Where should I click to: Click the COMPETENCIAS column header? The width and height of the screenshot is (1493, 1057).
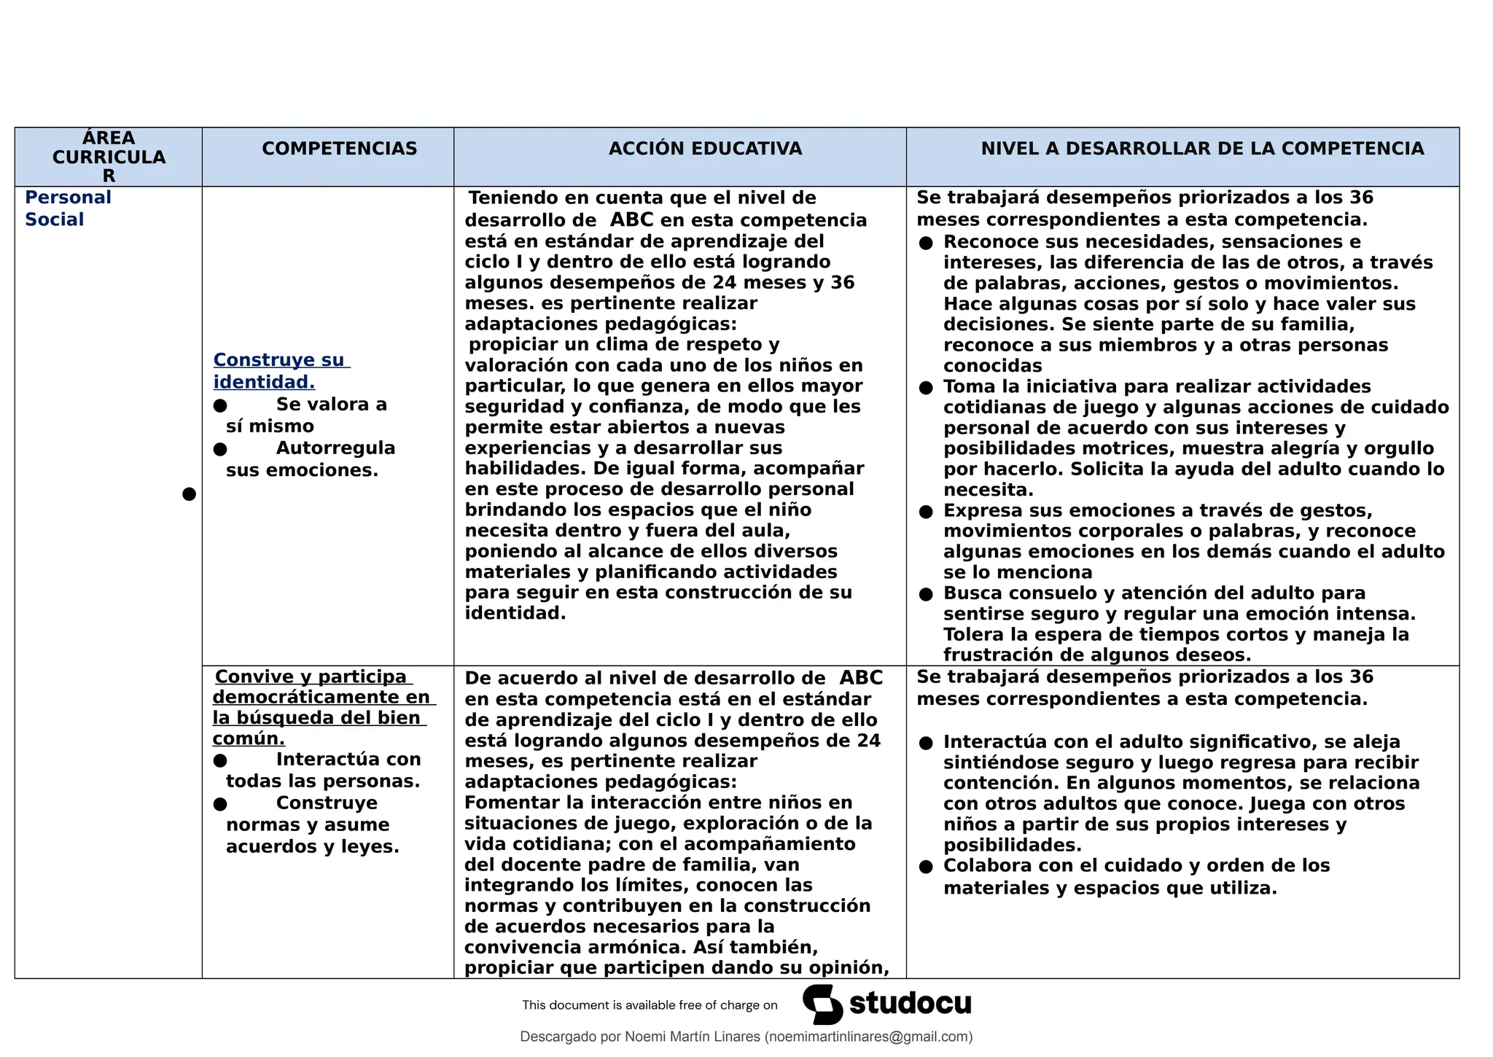coord(340,149)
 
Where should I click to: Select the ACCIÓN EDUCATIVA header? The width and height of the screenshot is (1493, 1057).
coord(705,149)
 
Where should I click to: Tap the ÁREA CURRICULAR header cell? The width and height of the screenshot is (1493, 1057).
coord(109,157)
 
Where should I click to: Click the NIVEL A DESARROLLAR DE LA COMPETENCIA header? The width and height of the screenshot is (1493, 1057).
coord(1202,149)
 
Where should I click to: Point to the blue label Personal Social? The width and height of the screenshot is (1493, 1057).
coord(68,208)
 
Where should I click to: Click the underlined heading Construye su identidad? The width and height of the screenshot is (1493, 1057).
coord(281,370)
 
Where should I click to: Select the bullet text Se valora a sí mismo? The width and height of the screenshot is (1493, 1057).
coord(306,416)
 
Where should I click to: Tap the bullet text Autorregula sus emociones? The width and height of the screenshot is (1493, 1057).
coord(311,459)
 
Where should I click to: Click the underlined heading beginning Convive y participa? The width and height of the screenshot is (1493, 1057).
coord(321,707)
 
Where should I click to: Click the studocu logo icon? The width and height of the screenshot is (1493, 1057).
coord(823,1005)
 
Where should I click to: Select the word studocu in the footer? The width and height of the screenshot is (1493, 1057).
coord(911,1004)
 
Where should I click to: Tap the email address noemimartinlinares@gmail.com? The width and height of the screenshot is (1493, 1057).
coord(868,1037)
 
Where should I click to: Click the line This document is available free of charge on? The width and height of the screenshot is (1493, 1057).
coord(650,1005)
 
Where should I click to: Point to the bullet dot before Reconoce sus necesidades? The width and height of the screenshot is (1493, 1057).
coord(926,243)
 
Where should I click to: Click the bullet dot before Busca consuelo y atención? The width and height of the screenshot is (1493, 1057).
coord(926,594)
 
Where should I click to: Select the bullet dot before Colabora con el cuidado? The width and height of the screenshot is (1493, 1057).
coord(926,867)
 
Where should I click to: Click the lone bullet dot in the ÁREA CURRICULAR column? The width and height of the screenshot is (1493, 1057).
coord(189,494)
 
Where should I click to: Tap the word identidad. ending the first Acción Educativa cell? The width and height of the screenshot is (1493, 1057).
coord(515,613)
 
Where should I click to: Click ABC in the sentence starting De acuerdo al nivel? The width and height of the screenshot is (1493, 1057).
coord(861,678)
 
